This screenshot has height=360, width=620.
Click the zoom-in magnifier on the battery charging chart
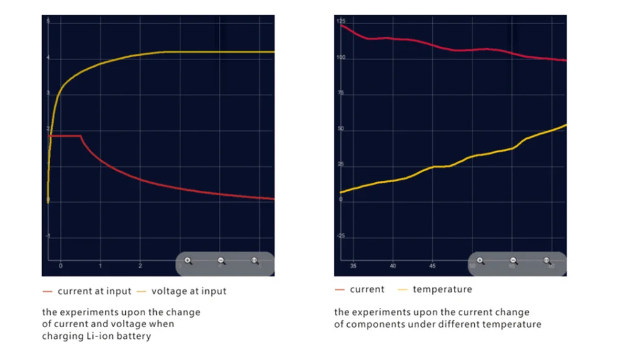(188, 261)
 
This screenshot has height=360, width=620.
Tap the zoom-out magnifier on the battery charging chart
(221, 261)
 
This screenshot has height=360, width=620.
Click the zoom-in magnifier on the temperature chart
(480, 261)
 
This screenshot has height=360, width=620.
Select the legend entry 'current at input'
(94, 291)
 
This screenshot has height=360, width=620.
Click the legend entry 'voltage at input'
(188, 291)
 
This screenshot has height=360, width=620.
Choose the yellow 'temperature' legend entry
(442, 289)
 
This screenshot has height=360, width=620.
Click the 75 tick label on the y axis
(340, 94)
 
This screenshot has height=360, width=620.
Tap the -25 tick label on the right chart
(340, 236)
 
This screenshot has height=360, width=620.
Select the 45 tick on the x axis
(432, 266)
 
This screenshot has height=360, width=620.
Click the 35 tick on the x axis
(353, 266)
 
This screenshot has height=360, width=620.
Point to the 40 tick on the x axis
(392, 266)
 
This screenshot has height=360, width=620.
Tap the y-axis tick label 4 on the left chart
(48, 59)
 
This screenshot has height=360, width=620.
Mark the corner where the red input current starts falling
(81, 136)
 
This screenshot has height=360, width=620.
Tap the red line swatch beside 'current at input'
(47, 291)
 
